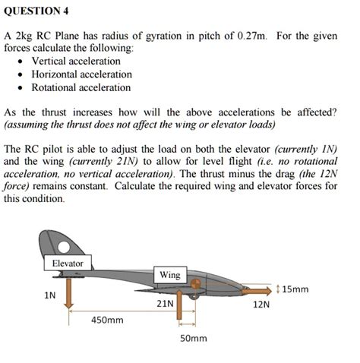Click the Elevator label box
coord(68,264)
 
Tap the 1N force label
coord(49,295)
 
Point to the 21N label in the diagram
coord(165,303)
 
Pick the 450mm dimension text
coord(107,320)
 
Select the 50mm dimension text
coord(194,337)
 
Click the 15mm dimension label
coord(295,289)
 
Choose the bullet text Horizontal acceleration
coord(81,74)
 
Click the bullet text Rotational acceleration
coord(81,88)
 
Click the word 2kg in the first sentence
coord(25,35)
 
